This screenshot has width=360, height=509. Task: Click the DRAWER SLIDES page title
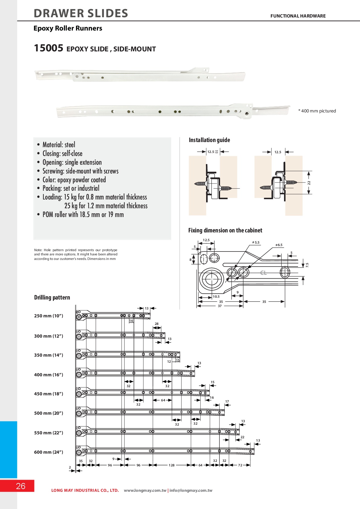tap(81, 14)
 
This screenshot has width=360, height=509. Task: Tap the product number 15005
tap(48, 48)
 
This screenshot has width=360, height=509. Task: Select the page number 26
tap(21, 486)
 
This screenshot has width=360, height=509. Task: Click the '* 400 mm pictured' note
tap(317, 111)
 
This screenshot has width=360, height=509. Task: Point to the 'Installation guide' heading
tap(209, 140)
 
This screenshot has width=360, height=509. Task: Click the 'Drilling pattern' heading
tap(52, 297)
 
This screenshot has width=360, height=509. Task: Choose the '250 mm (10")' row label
tap(49, 316)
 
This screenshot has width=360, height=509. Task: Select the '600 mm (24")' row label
tap(49, 452)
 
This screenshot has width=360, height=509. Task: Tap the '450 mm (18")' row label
tap(49, 394)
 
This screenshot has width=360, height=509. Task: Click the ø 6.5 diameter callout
tap(279, 245)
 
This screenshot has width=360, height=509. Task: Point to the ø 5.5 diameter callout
tap(256, 242)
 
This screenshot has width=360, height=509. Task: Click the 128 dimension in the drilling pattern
tap(172, 465)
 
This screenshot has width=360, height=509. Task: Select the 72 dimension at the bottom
tap(240, 465)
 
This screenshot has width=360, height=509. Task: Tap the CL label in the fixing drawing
tap(264, 273)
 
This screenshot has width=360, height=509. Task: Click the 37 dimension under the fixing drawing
tap(220, 306)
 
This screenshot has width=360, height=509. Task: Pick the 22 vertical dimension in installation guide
tap(309, 183)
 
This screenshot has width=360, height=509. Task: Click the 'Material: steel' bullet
tap(59, 145)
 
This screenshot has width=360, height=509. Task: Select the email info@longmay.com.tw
tap(191, 491)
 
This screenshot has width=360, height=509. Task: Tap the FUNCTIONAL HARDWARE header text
tap(298, 16)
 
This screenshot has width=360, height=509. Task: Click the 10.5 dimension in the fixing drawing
tap(216, 297)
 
